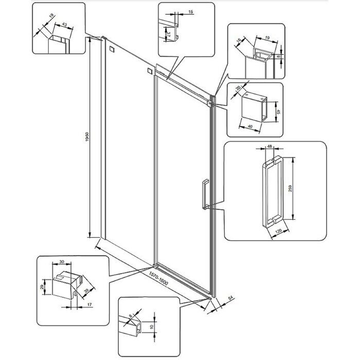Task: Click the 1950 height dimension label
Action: [88, 137]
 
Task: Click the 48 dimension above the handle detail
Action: [268, 147]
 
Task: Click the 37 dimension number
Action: [169, 35]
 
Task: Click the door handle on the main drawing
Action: [205, 194]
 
